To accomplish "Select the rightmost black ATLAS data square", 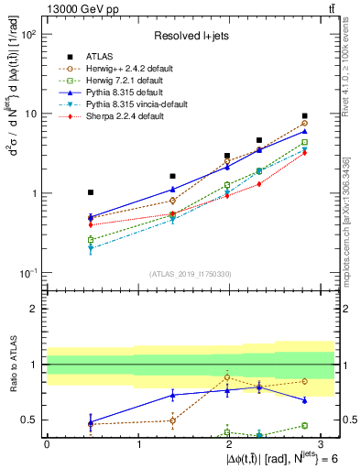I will (x=304, y=116).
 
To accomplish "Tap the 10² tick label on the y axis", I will (x=29, y=35).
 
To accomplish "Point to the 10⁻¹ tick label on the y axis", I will (x=29, y=274).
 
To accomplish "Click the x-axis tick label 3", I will (x=322, y=443).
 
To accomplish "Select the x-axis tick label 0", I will (x=47, y=443).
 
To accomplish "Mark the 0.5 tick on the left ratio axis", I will (x=32, y=420).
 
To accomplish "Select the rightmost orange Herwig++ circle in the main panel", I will (x=304, y=123).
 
